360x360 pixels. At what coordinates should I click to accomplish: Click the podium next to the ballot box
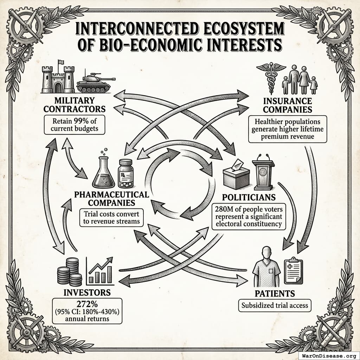[x=263, y=173]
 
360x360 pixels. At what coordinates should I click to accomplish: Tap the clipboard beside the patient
[x=293, y=271]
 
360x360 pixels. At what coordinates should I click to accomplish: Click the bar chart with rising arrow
[x=100, y=271]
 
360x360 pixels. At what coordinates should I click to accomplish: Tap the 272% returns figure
[x=87, y=304]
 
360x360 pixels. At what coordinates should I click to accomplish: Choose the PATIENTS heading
[x=275, y=293]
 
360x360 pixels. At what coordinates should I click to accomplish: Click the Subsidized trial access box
[x=275, y=306]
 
